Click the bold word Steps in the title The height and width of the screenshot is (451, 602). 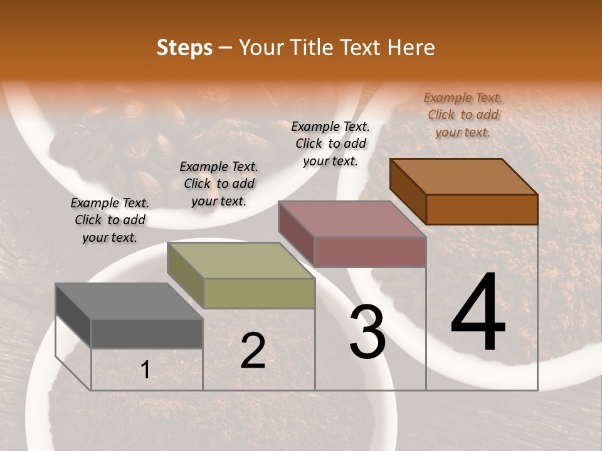click(184, 48)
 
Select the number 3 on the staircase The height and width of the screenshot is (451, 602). click(367, 333)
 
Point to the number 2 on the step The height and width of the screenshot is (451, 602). click(253, 351)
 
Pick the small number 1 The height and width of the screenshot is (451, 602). click(145, 370)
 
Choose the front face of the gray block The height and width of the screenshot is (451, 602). click(147, 333)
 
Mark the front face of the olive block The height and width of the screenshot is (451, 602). click(259, 293)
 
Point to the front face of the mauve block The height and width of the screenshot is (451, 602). click(370, 252)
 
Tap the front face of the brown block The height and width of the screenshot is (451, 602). click(482, 209)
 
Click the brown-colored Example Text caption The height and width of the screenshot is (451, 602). click(463, 115)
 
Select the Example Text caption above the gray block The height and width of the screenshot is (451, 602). click(110, 220)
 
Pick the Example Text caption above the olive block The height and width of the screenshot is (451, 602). click(219, 184)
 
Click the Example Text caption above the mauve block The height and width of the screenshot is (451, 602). click(330, 143)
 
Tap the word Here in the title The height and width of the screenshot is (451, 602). click(411, 48)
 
